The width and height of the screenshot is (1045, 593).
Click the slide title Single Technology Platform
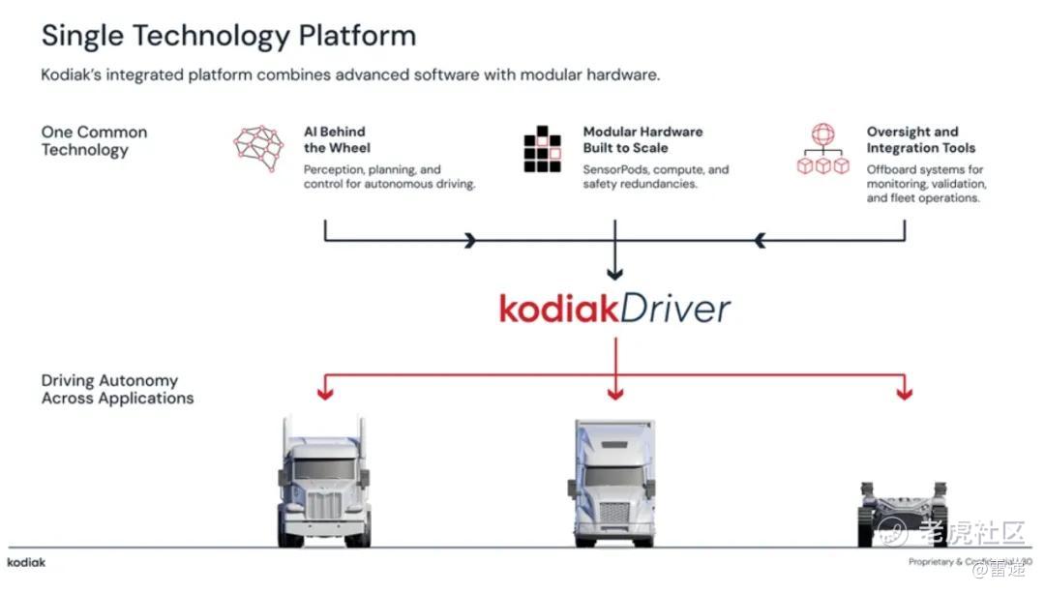228,36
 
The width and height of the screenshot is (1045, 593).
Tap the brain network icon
258,148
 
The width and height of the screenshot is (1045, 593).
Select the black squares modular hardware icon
542,149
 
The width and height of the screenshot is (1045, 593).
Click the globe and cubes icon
821,149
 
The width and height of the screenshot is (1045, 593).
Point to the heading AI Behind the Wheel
335,139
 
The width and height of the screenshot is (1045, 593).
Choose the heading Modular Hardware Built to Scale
642,139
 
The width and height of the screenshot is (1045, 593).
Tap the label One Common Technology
94,140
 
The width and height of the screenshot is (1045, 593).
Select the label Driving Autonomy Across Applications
117,389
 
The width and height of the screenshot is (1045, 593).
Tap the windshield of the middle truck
613,475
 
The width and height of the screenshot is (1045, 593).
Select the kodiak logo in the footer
26,562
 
